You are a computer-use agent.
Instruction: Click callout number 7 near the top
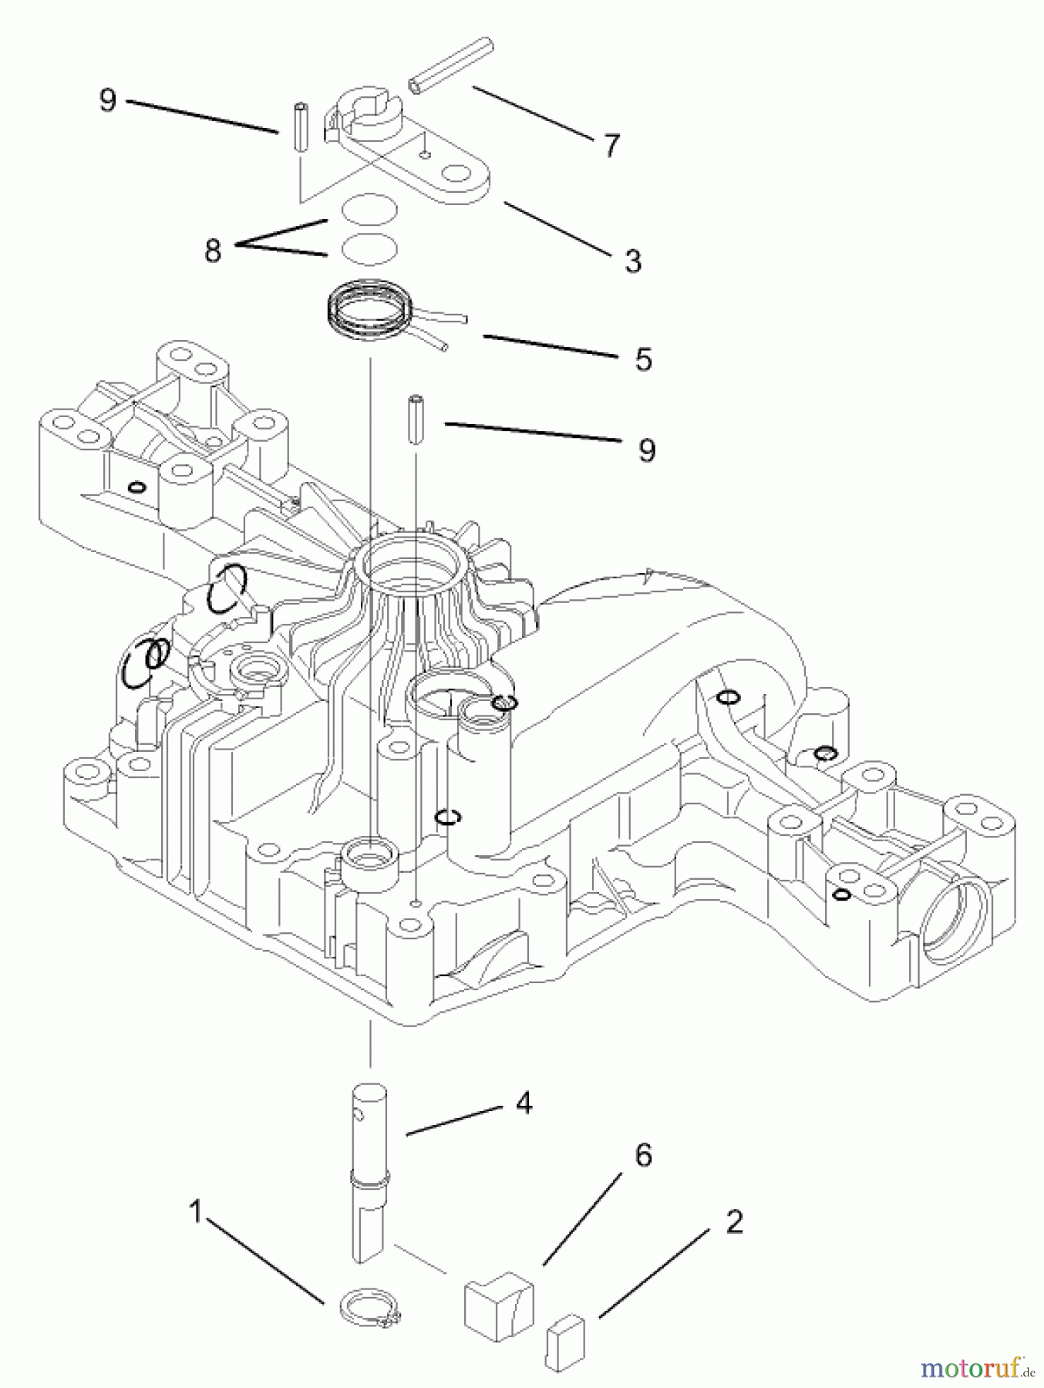tap(611, 145)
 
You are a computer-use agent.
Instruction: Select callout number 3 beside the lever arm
tap(632, 261)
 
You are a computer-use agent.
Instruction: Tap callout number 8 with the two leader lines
tap(213, 250)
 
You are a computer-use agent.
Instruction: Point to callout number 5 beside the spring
tap(644, 359)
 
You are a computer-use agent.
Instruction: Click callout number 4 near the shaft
tap(524, 1103)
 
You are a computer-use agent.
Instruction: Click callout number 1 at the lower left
tap(196, 1212)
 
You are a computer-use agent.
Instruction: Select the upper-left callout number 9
tap(108, 100)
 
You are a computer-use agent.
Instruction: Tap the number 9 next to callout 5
tap(647, 450)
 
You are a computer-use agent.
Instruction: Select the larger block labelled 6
tap(498, 1305)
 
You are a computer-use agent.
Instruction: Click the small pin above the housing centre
tap(417, 420)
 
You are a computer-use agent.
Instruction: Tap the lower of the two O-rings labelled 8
tap(369, 248)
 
